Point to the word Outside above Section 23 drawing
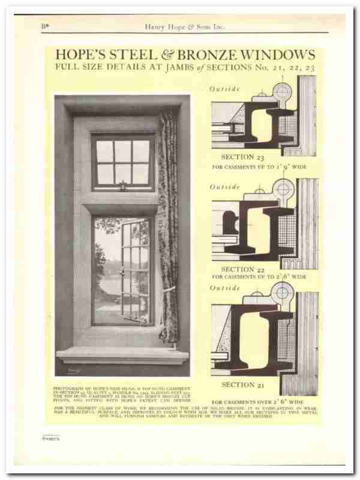coord(225,89)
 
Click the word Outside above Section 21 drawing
coord(225,289)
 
